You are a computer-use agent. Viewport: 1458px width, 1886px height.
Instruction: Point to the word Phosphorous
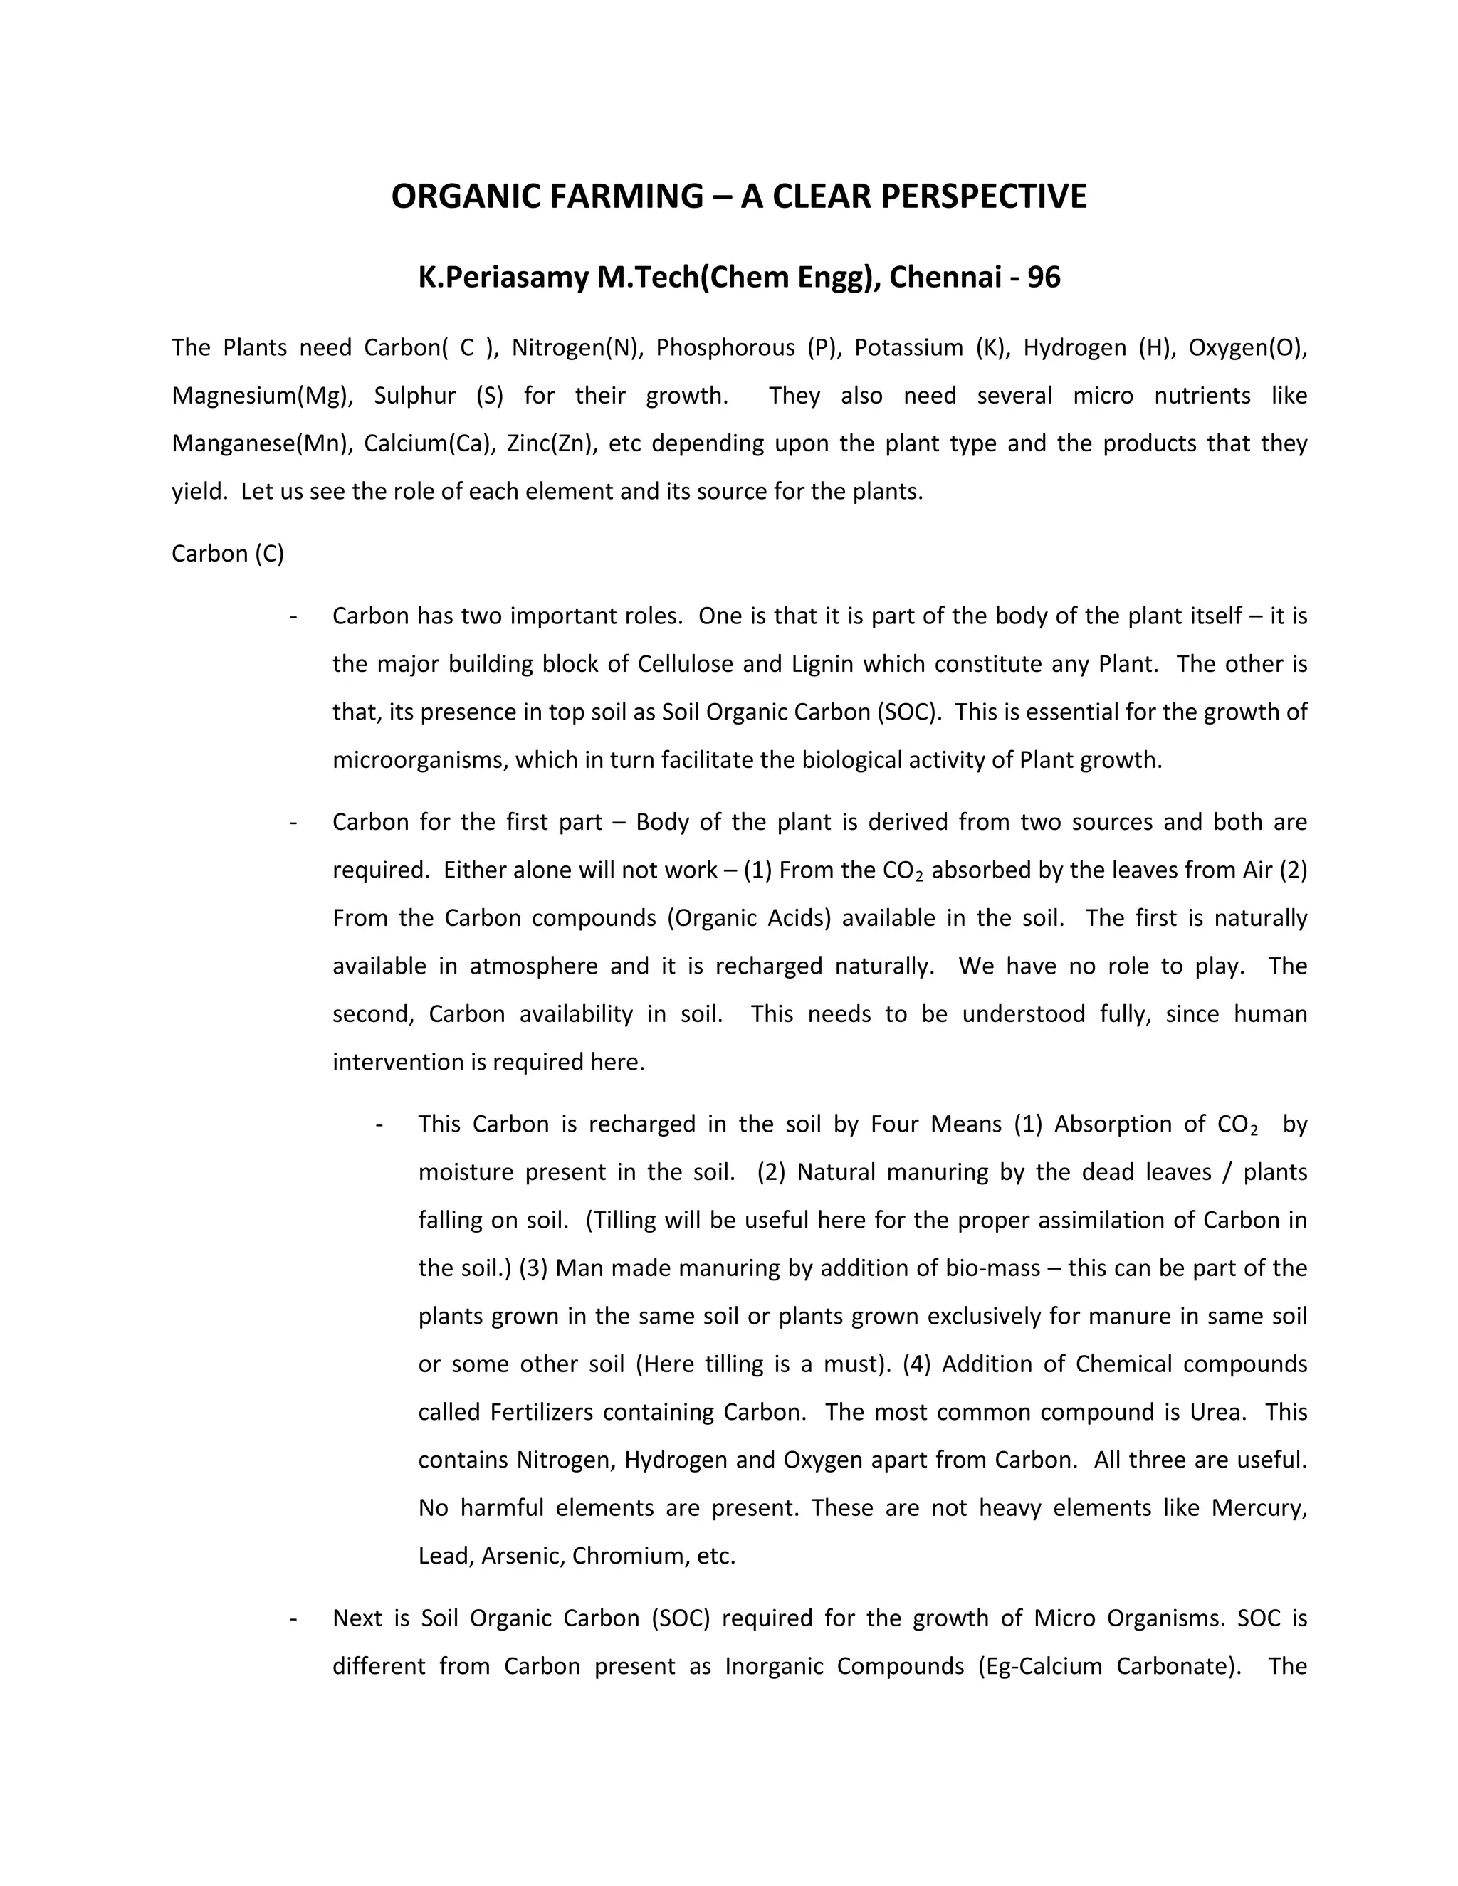(x=725, y=347)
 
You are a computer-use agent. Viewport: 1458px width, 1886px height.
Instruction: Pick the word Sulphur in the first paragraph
(x=414, y=396)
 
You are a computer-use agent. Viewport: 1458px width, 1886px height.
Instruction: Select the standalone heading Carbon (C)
(x=228, y=554)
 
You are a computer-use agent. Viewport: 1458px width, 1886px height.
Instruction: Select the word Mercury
(x=1259, y=1508)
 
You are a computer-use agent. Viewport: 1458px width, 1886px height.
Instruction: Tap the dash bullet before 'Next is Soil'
(x=295, y=1618)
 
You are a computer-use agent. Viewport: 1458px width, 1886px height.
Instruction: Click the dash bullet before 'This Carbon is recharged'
(x=380, y=1124)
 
